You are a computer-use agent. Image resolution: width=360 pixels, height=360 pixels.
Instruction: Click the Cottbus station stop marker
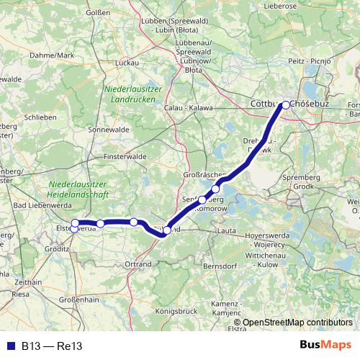tap(286, 105)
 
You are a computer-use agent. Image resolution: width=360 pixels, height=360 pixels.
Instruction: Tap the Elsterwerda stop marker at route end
tap(75, 229)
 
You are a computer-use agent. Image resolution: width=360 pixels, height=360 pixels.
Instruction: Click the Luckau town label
tap(127, 63)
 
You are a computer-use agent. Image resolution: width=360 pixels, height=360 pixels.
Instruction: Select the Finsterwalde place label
tap(125, 156)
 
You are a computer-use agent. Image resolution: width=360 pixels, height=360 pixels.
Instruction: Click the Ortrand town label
tap(138, 264)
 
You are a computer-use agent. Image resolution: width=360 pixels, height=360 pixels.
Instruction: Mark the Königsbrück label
tap(176, 311)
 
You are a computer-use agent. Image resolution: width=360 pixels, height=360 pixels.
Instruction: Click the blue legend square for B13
tap(12, 346)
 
